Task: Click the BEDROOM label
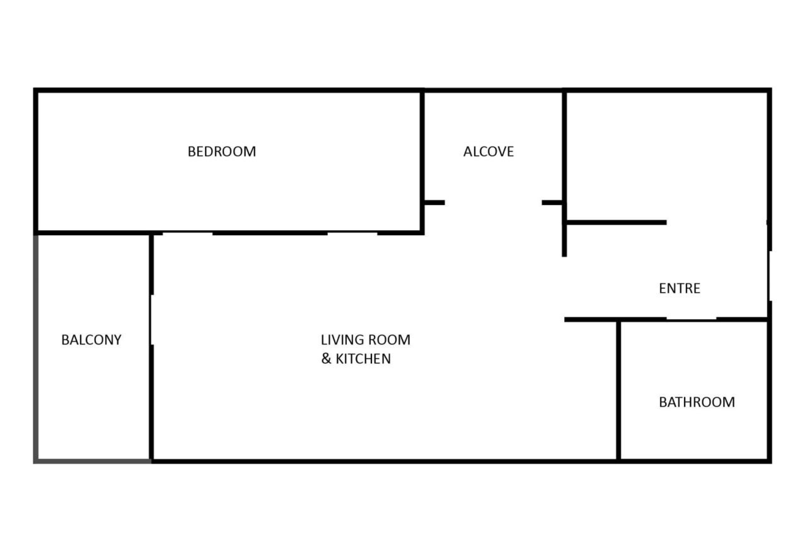pos(222,151)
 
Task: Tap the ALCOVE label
pos(488,151)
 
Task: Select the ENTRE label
pos(679,288)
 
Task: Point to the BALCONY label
pos(91,340)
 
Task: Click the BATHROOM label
pos(697,402)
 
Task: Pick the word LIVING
pos(341,340)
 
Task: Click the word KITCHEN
pos(363,359)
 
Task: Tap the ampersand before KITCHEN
pos(326,359)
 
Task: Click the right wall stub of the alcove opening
pos(552,203)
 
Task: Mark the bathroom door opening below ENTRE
pos(691,319)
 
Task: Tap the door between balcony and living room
pos(151,320)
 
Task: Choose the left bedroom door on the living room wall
pos(187,234)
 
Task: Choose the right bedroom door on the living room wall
pos(352,234)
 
